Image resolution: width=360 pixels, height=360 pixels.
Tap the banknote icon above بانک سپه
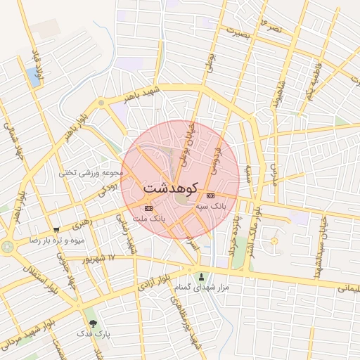click(x=210, y=195)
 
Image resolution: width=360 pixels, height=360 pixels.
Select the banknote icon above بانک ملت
click(x=148, y=208)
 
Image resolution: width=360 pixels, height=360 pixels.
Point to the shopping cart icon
click(x=56, y=229)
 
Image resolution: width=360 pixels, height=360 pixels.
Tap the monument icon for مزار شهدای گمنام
click(x=203, y=276)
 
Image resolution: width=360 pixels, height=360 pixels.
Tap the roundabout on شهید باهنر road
click(x=102, y=103)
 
